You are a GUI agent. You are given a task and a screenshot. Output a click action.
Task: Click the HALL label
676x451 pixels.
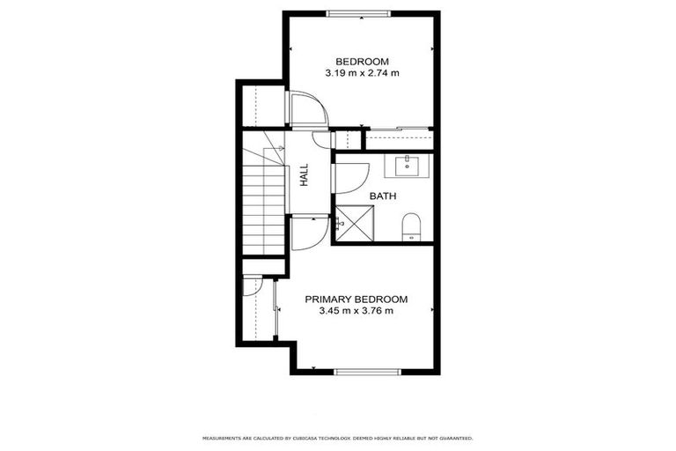[304, 175]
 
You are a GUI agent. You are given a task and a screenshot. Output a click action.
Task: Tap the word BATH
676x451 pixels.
[383, 196]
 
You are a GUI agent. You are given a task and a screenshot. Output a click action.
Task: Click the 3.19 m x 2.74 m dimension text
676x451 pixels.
[362, 73]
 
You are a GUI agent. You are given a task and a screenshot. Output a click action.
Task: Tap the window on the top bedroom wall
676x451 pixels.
[356, 12]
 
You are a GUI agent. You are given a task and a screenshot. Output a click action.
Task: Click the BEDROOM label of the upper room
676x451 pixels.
[362, 61]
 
